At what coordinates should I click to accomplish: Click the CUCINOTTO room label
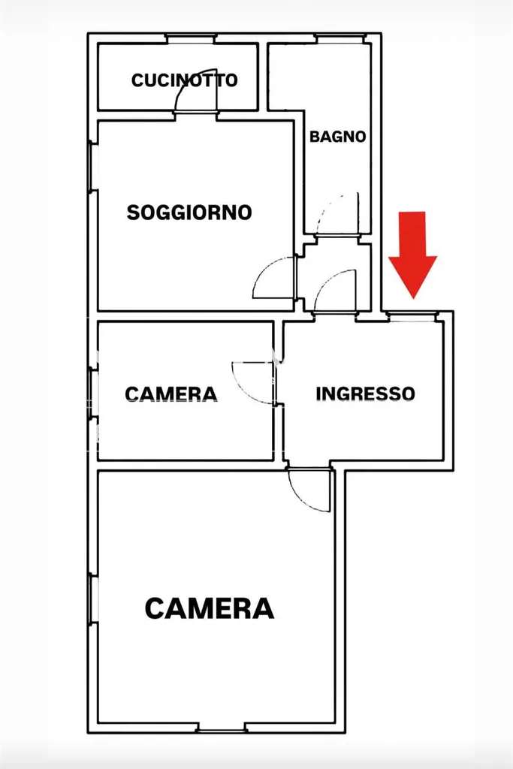185,80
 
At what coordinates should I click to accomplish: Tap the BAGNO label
338,137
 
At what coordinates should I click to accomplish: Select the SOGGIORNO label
189,213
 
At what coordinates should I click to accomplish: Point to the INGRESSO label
365,394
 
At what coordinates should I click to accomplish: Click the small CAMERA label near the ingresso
170,394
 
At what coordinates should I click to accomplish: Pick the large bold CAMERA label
210,608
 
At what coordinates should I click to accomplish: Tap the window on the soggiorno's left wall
92,166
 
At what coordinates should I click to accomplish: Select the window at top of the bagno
340,38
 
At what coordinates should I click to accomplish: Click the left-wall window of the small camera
92,393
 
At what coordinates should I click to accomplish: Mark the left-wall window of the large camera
92,599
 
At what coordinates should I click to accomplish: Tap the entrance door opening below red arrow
412,317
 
